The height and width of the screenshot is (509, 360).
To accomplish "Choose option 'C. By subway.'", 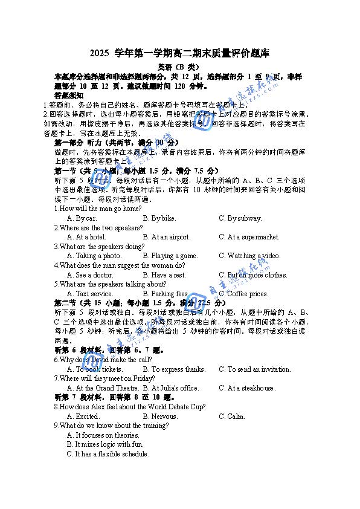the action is tap(240, 218).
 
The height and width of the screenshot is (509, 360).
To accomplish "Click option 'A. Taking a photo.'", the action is tap(94, 256).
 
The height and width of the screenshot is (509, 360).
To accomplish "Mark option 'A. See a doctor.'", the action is tap(90, 275).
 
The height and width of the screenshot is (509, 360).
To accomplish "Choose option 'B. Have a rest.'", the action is tap(164, 275).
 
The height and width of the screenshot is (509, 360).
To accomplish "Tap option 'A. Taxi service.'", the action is tap(90, 294).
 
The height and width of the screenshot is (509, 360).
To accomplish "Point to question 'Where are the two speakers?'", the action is tap(101, 228).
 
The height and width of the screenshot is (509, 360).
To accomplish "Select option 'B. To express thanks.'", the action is tap(174, 369).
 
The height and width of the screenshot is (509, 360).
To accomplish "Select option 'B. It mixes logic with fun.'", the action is tap(103, 444).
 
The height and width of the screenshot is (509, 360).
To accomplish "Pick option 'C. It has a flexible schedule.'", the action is tap(108, 454).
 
